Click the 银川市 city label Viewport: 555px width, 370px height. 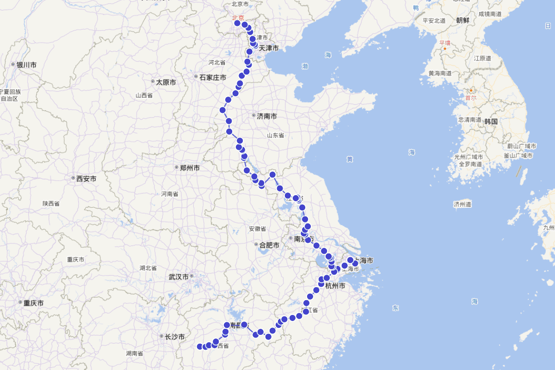coord(26,65)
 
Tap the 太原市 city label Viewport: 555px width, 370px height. coord(166,82)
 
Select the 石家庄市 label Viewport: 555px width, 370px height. coord(212,78)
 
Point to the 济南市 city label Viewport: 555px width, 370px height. coord(266,117)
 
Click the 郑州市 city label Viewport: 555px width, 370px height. coord(190,168)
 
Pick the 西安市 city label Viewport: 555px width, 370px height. coord(86,179)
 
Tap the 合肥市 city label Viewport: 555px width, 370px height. coord(269,245)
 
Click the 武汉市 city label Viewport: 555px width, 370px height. coord(179,277)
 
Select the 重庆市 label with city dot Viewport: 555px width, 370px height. coord(33,303)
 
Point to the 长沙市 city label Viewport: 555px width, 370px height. coord(175,337)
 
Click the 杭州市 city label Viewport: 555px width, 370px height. coord(335,286)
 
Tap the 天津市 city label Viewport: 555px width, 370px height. coord(268,48)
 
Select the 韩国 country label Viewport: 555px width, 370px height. coord(491,122)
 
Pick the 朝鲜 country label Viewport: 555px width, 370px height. coord(462,20)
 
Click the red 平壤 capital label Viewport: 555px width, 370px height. coord(444,43)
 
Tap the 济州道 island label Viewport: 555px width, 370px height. coord(462,204)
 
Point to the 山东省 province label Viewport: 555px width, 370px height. coord(275,136)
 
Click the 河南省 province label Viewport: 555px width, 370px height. coord(170,194)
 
